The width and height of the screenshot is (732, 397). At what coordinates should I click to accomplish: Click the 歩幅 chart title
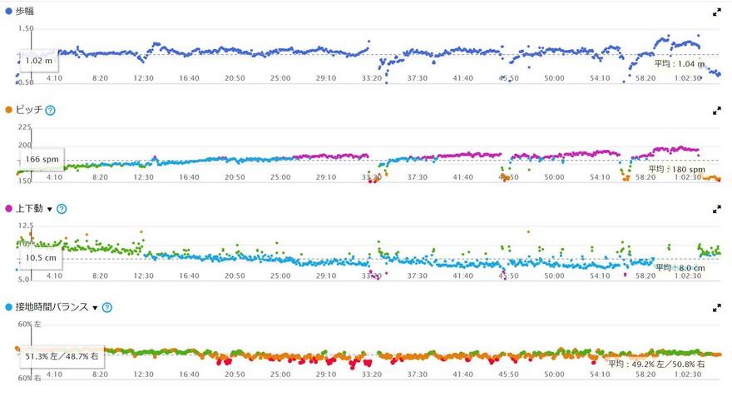point(26,12)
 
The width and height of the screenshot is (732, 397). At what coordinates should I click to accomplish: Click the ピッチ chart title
point(29,110)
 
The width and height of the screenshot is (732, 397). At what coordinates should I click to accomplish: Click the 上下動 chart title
point(29,208)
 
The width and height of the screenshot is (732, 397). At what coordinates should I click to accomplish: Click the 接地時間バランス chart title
point(52,307)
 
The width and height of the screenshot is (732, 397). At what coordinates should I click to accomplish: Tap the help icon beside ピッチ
point(51,110)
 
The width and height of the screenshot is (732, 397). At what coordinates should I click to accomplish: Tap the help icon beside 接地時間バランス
point(107,307)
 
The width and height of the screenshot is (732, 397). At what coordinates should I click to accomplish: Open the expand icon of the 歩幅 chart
point(717,12)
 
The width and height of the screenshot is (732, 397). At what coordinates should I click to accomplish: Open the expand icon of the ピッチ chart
point(717,110)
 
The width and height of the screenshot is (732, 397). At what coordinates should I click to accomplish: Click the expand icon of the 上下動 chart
point(717,209)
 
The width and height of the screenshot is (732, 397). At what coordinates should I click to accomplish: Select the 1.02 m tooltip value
point(38,61)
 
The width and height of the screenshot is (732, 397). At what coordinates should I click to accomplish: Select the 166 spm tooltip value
point(42,159)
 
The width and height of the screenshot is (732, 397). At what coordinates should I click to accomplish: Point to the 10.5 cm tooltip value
point(41,258)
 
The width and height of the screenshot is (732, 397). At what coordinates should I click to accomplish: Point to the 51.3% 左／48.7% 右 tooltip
point(62,356)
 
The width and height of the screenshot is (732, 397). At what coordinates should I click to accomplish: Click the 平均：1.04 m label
point(679,63)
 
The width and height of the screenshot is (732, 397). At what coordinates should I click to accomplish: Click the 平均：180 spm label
point(676,169)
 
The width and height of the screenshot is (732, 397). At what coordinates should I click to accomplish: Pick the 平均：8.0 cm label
point(680,268)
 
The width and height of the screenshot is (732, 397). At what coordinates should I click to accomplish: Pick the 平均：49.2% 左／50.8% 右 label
point(656,364)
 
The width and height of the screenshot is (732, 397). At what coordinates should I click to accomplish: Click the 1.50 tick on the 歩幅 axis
point(26,29)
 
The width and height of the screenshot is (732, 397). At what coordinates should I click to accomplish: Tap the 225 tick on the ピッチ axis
point(24,127)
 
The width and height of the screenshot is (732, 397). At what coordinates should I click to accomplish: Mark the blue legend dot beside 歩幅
point(8,12)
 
